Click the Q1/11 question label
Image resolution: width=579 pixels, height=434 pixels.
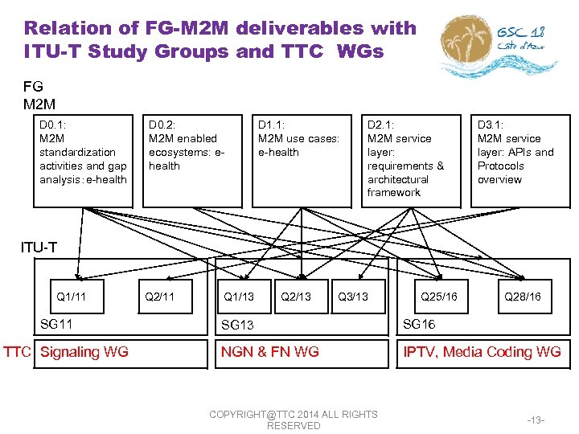click(x=72, y=297)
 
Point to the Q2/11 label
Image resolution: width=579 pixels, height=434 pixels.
click(x=159, y=297)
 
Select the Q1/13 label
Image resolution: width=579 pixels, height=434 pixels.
click(x=238, y=297)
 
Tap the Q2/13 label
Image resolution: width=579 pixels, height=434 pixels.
click(x=295, y=297)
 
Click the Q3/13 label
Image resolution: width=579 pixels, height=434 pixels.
click(x=353, y=297)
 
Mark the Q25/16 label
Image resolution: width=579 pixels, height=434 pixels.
click(x=439, y=297)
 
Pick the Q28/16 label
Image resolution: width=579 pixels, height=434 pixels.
click(x=522, y=297)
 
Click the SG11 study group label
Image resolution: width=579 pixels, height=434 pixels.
click(x=56, y=324)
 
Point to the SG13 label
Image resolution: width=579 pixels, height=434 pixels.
click(x=237, y=325)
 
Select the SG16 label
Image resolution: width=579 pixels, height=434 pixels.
click(x=419, y=324)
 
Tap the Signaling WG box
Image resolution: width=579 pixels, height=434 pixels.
click(x=84, y=351)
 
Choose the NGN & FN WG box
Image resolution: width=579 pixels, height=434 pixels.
click(x=270, y=351)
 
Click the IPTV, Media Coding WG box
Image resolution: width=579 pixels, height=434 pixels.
click(x=482, y=351)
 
